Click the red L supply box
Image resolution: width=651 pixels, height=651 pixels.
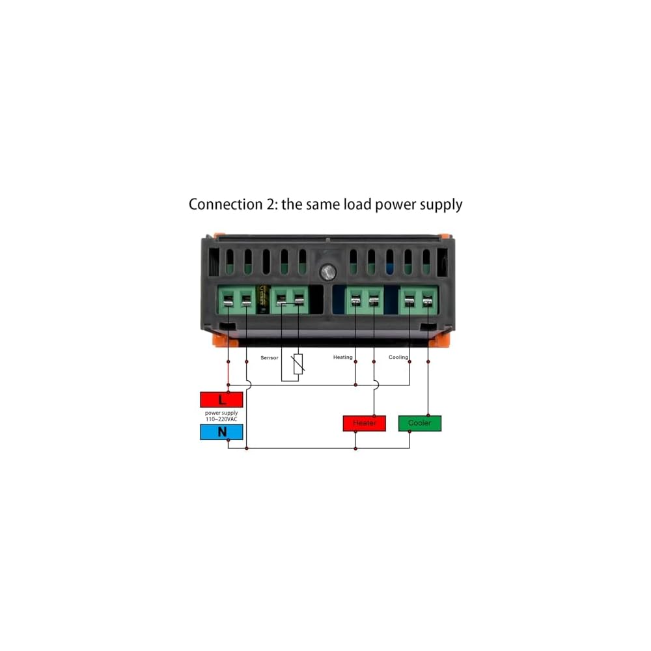(221, 399)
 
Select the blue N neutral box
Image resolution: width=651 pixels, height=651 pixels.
(221, 432)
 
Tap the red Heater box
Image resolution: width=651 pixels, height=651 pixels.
(364, 423)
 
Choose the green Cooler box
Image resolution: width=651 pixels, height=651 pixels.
(419, 423)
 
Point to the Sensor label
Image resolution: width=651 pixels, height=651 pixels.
(270, 358)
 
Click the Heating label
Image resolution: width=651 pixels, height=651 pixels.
(342, 357)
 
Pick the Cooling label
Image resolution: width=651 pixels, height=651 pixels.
(398, 357)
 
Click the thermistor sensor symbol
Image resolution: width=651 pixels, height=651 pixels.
(299, 365)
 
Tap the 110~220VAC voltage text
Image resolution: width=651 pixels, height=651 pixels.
(221, 419)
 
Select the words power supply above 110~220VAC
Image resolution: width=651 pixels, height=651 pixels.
(221, 413)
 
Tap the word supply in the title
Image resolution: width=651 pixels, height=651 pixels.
(441, 205)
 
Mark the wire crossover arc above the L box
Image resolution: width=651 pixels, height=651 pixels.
(247, 385)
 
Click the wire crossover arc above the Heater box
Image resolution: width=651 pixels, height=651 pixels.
(374, 385)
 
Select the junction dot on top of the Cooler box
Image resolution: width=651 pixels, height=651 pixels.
(428, 415)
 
